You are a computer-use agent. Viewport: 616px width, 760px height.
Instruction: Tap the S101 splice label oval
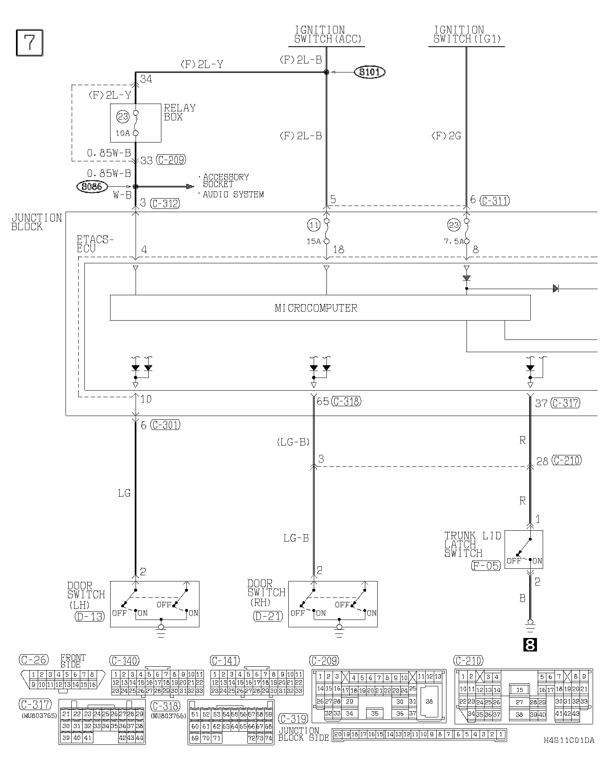[369, 72]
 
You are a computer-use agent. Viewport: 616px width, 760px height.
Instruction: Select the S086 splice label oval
[92, 187]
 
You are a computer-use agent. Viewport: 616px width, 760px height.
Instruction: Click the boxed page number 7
[29, 43]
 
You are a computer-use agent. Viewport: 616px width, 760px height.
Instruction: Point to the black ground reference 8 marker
[530, 645]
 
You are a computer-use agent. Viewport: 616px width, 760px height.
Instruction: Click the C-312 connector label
[165, 203]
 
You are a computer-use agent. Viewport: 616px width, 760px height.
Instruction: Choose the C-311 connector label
[495, 201]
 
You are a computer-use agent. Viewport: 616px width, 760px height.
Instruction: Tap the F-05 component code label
[486, 566]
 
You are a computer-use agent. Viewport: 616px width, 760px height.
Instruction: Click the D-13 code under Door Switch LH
[90, 616]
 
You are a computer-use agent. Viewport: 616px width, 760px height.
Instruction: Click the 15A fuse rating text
[314, 242]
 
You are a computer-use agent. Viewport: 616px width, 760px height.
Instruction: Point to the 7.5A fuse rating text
[454, 242]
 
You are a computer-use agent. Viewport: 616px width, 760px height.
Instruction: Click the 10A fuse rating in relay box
[122, 133]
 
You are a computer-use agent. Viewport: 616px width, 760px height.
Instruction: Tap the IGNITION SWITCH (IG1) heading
[467, 35]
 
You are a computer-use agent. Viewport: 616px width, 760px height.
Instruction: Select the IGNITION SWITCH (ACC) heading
[328, 35]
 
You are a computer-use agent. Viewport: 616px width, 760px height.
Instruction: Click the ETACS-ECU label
[95, 244]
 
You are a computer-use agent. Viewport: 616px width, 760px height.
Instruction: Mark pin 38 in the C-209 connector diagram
[429, 701]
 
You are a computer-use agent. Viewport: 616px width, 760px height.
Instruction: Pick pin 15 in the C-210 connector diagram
[519, 690]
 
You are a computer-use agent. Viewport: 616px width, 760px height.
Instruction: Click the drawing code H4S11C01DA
[568, 740]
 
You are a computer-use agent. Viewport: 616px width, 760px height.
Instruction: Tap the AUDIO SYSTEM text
[233, 195]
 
